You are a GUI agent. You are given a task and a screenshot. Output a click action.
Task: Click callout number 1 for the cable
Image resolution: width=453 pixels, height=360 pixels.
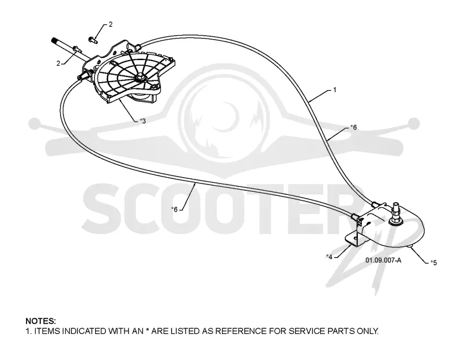coord(335,90)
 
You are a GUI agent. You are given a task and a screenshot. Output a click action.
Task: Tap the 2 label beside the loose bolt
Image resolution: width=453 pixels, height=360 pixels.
coord(110,24)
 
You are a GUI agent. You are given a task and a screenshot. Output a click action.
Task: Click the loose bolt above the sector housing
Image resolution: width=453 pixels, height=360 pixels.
coord(93,40)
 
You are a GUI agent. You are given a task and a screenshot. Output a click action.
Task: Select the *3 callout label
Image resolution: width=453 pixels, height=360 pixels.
coord(143,121)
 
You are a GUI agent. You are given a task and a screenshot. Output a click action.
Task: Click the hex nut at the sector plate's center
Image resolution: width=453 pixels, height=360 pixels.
coord(140,78)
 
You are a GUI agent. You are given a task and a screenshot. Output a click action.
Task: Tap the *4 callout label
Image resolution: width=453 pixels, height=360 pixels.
coord(329,256)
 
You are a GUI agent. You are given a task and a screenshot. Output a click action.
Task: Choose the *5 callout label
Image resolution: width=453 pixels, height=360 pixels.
coord(433,263)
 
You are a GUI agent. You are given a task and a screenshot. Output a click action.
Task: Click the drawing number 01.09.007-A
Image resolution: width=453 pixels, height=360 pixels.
coord(383,260)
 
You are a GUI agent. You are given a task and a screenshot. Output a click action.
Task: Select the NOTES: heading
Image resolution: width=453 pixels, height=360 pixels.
coord(41,321)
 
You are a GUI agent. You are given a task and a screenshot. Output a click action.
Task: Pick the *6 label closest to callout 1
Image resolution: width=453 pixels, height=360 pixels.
coord(353,127)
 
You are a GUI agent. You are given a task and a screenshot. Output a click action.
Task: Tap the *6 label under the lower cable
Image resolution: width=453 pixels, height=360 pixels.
coord(174,209)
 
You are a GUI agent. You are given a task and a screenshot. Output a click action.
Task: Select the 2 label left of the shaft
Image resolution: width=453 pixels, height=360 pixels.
coord(58,63)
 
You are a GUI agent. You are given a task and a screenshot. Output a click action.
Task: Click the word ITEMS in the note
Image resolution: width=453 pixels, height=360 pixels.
coord(48,331)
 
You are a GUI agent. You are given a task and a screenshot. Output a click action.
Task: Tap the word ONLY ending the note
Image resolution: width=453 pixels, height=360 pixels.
coord(367,331)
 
